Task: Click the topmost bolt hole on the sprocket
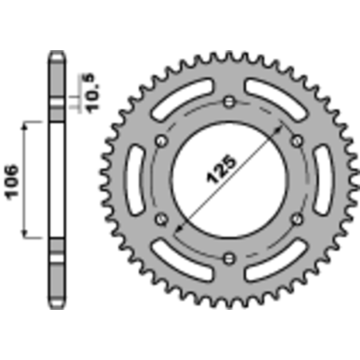tap(229, 102)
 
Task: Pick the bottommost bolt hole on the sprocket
tap(229, 256)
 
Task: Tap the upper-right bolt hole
tap(296, 141)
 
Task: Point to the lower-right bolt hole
tap(296, 218)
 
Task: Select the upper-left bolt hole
tap(162, 141)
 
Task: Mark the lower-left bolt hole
tap(162, 218)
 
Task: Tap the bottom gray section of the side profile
tap(57, 271)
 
